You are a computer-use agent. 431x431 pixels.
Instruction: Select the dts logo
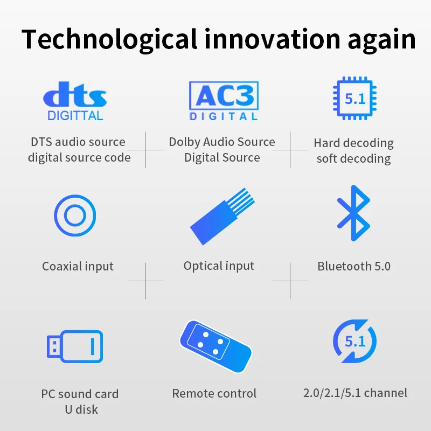click(75, 97)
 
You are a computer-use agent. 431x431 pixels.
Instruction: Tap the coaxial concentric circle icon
click(75, 215)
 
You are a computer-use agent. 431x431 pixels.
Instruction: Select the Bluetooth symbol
click(353, 213)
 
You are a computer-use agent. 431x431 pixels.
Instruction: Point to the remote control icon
click(215, 345)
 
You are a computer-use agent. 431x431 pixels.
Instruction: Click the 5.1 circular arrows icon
click(354, 341)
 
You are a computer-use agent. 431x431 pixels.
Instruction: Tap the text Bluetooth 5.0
click(354, 266)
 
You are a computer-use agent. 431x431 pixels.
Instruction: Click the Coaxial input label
click(78, 266)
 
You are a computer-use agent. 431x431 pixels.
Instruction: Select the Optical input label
click(219, 266)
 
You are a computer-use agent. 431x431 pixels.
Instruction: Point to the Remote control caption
click(214, 393)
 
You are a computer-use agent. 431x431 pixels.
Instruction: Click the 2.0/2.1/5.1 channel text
click(355, 393)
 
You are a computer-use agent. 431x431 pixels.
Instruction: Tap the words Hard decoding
click(354, 143)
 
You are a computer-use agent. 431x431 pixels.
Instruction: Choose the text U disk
click(80, 409)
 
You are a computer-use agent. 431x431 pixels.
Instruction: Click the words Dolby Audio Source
click(222, 142)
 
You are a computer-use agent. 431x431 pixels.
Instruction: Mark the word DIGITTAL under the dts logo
click(75, 115)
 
